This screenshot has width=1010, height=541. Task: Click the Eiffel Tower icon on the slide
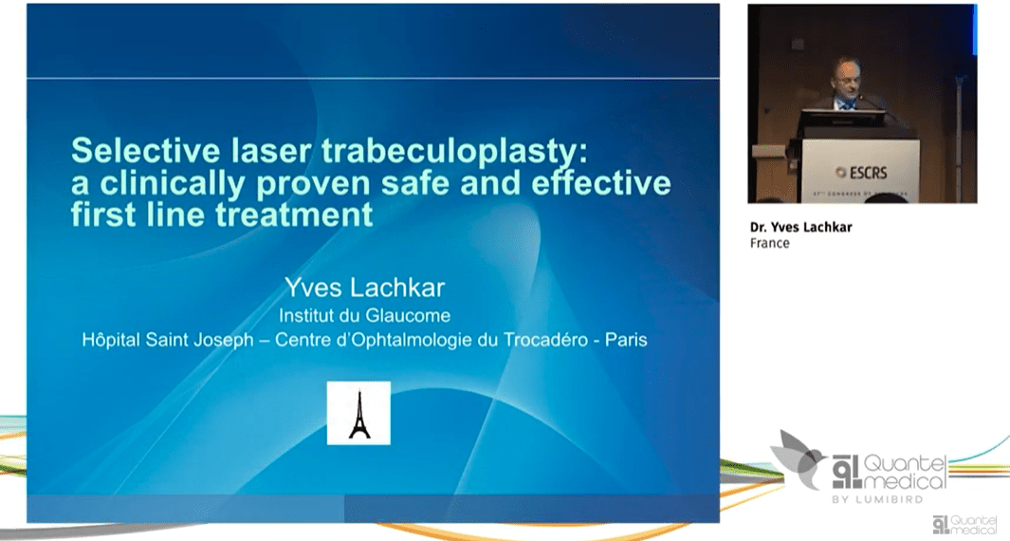(358, 413)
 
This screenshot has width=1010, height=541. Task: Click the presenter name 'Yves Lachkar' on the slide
(363, 287)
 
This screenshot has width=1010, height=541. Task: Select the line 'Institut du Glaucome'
(363, 315)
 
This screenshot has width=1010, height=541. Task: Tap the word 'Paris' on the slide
(626, 339)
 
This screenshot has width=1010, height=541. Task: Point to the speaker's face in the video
(844, 77)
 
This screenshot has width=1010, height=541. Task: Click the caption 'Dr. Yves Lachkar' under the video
(794, 227)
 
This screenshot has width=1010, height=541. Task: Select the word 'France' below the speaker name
(769, 243)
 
